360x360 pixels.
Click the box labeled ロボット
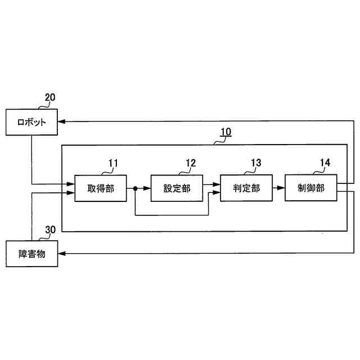(x=32, y=122)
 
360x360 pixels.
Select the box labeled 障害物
(x=32, y=254)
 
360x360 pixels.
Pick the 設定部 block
(x=177, y=188)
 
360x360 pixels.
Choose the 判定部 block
(x=246, y=188)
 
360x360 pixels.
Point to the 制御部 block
(x=311, y=188)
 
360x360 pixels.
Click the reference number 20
(x=50, y=97)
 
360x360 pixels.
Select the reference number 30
(x=50, y=230)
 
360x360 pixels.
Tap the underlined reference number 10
(x=225, y=133)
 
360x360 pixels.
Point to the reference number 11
(x=113, y=164)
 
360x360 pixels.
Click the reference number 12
(x=191, y=164)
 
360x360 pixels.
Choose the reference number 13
(x=256, y=164)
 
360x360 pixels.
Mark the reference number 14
(x=325, y=164)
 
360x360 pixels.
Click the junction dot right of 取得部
(x=135, y=189)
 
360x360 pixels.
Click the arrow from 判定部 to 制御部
(x=279, y=189)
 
